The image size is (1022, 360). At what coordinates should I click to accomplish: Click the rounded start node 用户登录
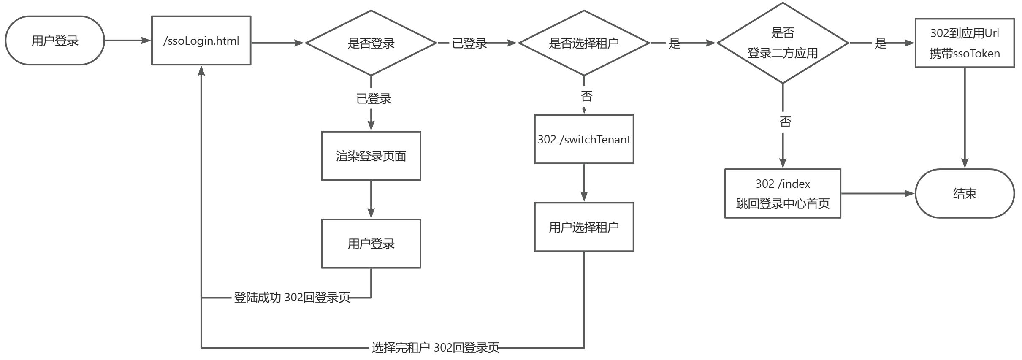(x=55, y=41)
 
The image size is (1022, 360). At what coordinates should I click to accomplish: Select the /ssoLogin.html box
(x=201, y=41)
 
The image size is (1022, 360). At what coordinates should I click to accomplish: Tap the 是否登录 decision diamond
(x=371, y=43)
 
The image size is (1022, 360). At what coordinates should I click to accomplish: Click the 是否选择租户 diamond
(x=583, y=43)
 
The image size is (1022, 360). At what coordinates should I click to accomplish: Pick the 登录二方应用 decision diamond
(x=782, y=43)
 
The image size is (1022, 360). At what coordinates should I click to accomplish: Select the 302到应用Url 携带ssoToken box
(x=964, y=43)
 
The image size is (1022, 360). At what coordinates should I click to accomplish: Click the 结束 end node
(x=964, y=193)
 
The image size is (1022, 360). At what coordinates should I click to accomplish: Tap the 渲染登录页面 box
(x=371, y=156)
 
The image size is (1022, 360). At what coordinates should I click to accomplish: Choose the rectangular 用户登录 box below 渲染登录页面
(x=371, y=244)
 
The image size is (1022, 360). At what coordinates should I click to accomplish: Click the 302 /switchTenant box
(x=583, y=139)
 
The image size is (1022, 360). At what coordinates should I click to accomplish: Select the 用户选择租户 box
(x=583, y=227)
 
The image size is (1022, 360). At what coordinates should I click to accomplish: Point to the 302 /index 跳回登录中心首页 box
(x=782, y=194)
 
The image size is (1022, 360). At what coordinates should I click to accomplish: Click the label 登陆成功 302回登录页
(x=292, y=298)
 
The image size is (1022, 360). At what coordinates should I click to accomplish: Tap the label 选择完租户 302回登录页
(x=435, y=348)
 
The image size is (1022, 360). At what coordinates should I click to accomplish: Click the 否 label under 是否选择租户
(x=586, y=96)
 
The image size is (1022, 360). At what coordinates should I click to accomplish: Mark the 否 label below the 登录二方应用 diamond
(x=785, y=122)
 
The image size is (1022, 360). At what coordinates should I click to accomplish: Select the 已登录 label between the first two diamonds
(x=469, y=43)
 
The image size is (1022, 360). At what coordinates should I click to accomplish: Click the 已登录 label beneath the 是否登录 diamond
(x=374, y=99)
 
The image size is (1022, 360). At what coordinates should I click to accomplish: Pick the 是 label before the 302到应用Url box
(x=880, y=43)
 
